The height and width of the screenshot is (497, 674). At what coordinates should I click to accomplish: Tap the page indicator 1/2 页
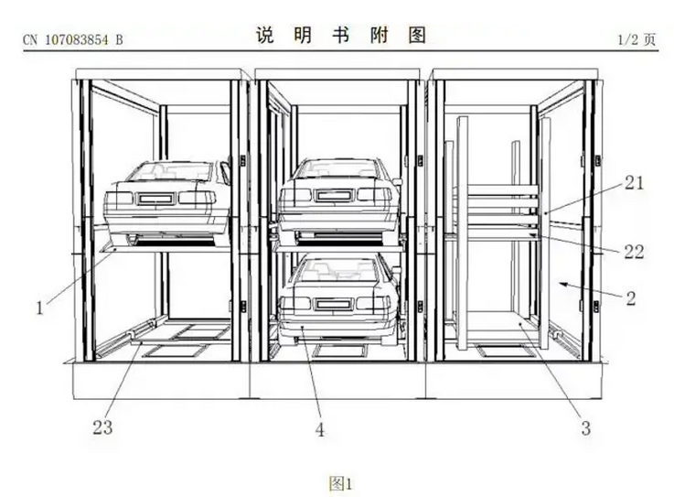tap(637, 39)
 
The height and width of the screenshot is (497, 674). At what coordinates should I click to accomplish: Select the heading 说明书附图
tap(340, 35)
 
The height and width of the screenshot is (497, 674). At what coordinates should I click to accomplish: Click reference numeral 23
tap(103, 427)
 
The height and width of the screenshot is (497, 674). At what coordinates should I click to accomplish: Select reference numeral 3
tap(585, 427)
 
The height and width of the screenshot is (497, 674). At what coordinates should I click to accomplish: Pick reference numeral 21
tap(634, 184)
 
